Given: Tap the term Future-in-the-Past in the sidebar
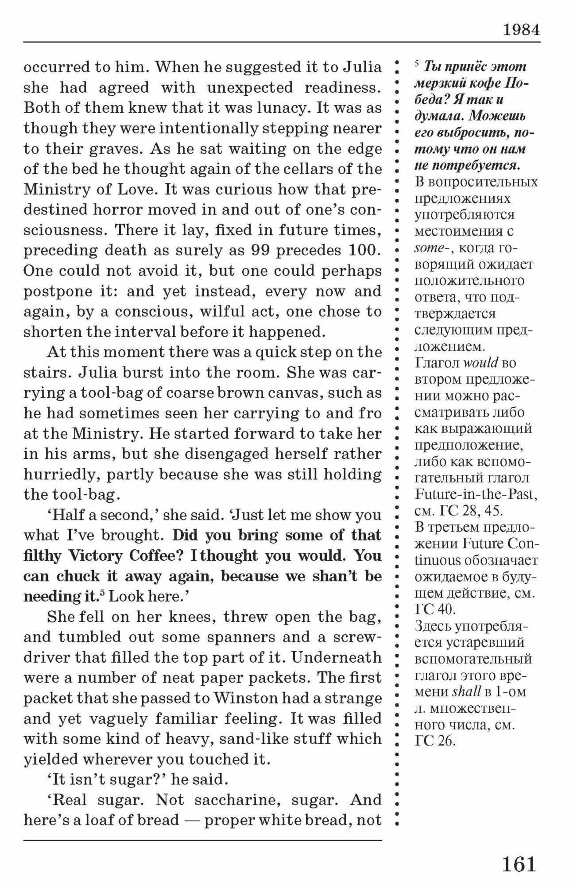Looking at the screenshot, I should click(x=476, y=494).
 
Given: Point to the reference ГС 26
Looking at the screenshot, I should click(x=435, y=741).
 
